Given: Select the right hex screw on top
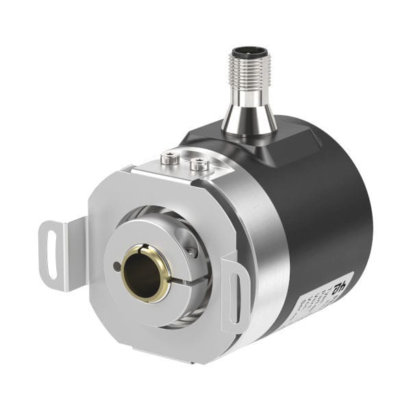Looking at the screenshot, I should (x=199, y=164).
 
